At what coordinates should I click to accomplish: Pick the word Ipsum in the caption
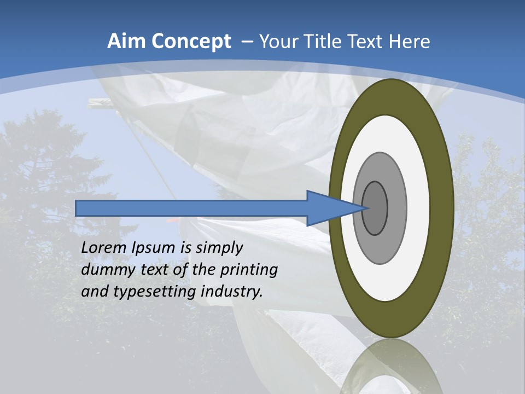pos(154,248)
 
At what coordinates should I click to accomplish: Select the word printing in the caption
pos(249,270)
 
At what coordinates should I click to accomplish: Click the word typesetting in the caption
pos(155,292)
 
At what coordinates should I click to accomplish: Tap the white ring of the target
pos(418,208)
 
